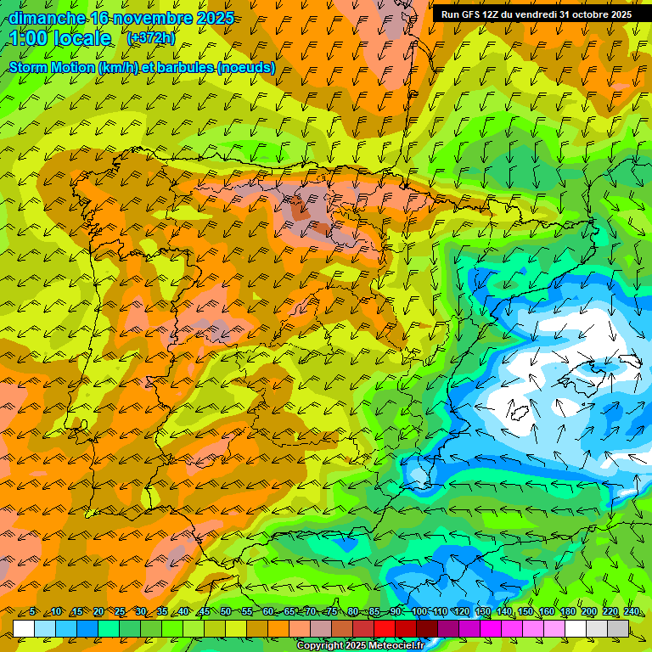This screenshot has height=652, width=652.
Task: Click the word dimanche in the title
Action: tap(47, 18)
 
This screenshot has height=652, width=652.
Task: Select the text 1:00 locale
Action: tap(61, 38)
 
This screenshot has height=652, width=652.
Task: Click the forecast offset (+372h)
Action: tap(150, 38)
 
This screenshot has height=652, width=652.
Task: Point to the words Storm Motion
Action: tap(52, 67)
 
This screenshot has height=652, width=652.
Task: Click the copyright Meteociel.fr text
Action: tap(360, 646)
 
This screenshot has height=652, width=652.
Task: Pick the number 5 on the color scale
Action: tap(32, 612)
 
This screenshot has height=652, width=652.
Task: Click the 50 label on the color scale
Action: tap(225, 612)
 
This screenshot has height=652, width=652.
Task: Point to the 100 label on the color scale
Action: tap(419, 612)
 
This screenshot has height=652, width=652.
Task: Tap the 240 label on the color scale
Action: tap(631, 612)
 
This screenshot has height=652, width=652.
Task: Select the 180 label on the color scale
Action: tap(567, 612)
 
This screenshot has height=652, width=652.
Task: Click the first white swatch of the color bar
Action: tap(24, 628)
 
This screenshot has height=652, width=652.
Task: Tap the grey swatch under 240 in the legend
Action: tap(618, 628)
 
